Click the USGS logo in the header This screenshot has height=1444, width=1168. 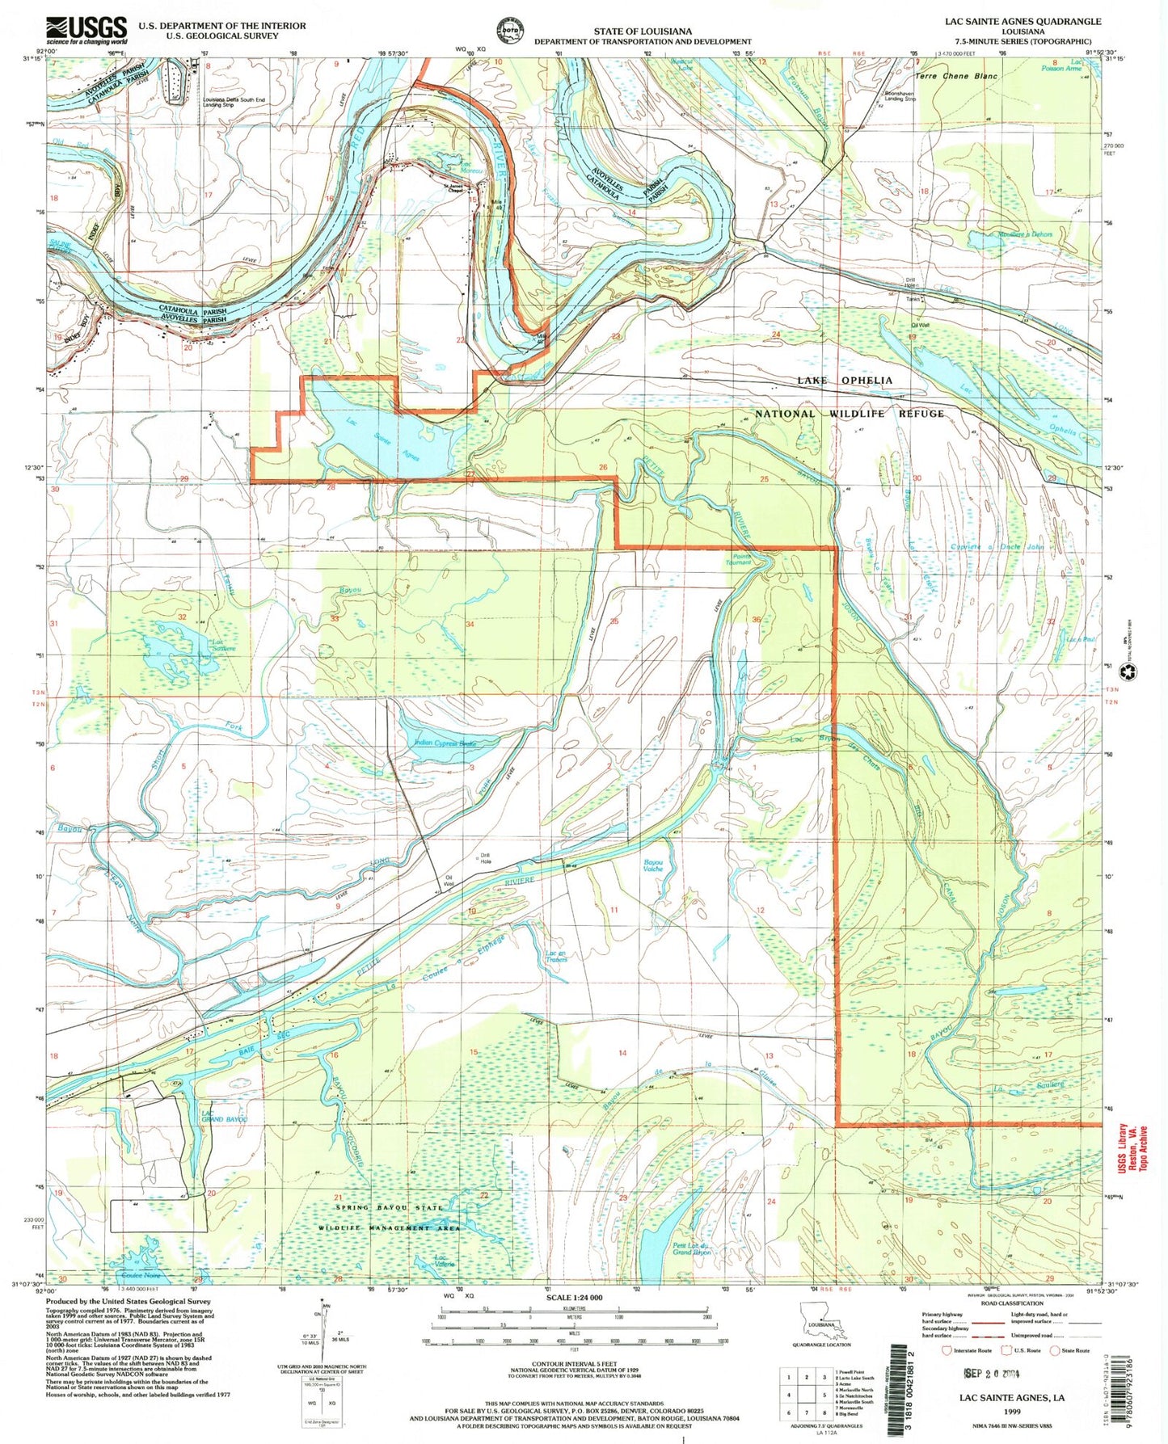[86, 30]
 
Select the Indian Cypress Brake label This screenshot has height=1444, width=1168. [445, 743]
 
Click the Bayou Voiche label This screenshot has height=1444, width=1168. [652, 865]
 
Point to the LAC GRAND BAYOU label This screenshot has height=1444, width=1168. [224, 1118]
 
